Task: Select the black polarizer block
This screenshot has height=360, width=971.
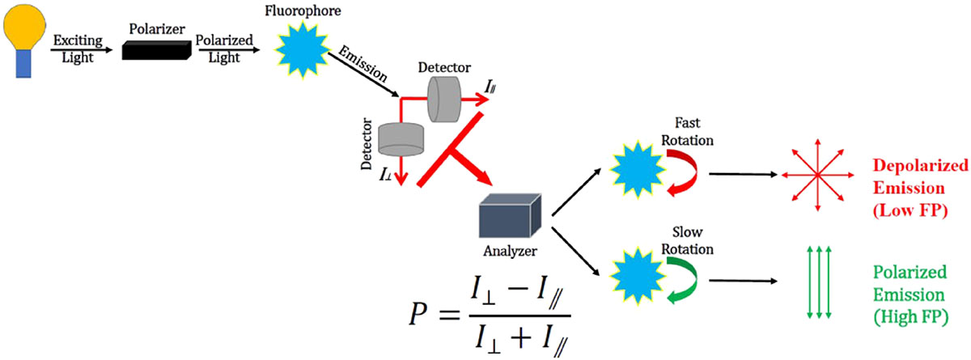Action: (155, 51)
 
